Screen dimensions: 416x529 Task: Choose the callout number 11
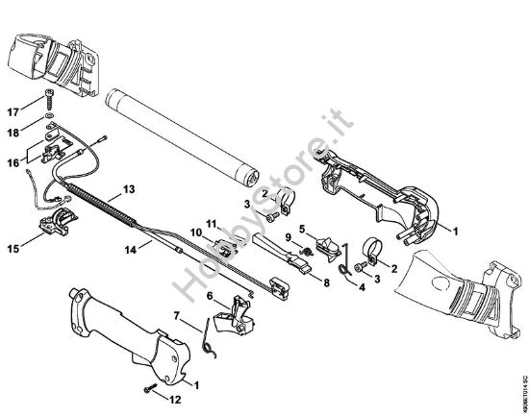211,223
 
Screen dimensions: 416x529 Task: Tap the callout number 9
286,236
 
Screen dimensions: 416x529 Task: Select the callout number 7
175,314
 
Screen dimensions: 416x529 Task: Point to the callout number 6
210,298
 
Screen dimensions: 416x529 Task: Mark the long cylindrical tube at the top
183,132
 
